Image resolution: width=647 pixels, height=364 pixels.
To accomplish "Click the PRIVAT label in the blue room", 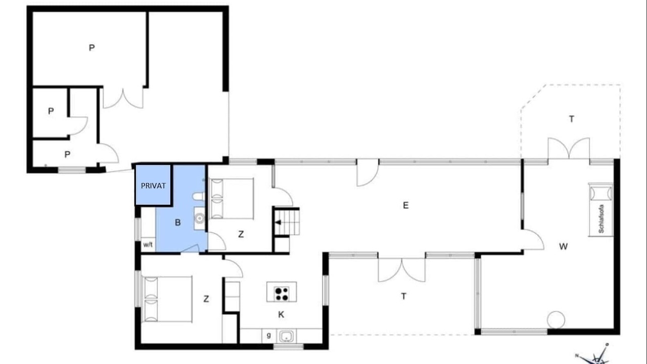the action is pyautogui.click(x=153, y=186).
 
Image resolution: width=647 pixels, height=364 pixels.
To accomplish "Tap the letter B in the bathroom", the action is pyautogui.click(x=178, y=222).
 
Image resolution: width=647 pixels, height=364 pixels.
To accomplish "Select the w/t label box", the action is pyautogui.click(x=148, y=245).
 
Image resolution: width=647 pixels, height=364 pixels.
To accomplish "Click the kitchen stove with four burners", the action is pyautogui.click(x=282, y=292).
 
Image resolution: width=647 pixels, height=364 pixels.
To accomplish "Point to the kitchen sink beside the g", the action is pyautogui.click(x=286, y=336).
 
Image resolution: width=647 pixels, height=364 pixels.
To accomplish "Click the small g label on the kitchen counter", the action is pyautogui.click(x=269, y=335).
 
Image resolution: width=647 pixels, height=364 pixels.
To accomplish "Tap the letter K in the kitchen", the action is pyautogui.click(x=281, y=314).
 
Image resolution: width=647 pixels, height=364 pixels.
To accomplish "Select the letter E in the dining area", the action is pyautogui.click(x=405, y=205).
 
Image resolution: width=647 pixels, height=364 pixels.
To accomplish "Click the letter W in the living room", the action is pyautogui.click(x=563, y=246).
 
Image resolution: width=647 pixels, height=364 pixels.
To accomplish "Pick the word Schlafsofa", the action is pyautogui.click(x=602, y=219).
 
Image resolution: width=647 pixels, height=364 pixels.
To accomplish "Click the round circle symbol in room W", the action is pyautogui.click(x=556, y=320).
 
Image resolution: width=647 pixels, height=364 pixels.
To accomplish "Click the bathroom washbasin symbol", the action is pyautogui.click(x=200, y=218).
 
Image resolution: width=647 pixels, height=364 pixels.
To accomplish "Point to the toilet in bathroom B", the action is pyautogui.click(x=199, y=197).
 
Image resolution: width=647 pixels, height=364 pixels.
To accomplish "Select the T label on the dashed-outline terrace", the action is pyautogui.click(x=571, y=119).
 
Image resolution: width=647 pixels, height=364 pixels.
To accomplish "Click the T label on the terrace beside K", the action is pyautogui.click(x=404, y=296).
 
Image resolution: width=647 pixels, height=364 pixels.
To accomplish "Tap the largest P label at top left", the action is pyautogui.click(x=91, y=48).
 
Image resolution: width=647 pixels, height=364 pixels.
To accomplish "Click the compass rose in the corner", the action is pyautogui.click(x=595, y=355).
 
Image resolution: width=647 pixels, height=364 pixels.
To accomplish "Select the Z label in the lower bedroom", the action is pyautogui.click(x=206, y=299).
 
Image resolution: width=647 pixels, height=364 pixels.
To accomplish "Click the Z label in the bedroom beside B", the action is pyautogui.click(x=241, y=234).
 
